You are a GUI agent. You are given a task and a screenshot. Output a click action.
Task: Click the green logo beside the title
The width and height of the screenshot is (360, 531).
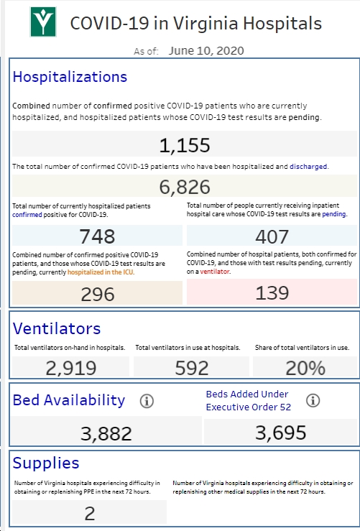43,22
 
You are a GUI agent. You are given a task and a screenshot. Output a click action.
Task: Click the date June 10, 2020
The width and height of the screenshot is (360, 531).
206,51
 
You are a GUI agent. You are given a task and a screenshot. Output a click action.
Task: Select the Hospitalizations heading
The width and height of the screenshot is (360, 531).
70,77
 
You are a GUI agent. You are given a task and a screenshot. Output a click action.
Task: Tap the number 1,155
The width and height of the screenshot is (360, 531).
185,145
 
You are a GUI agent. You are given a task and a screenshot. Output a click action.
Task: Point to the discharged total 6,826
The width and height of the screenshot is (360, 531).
185,187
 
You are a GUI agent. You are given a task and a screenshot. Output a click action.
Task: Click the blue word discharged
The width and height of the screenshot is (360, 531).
308,166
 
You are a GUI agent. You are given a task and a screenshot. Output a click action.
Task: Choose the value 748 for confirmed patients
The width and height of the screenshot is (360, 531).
97,236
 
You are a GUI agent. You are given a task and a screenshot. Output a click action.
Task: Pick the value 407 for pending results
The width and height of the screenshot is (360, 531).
272,236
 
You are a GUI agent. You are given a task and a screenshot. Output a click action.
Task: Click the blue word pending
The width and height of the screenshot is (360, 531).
334,214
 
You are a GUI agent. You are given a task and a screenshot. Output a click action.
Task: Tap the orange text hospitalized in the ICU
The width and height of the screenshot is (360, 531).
101,272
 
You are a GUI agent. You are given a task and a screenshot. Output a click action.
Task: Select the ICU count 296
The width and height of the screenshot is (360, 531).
98,295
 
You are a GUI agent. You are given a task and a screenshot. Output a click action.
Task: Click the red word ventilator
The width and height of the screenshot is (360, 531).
215,272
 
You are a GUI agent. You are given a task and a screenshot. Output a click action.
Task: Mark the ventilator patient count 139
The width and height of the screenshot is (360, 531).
272,293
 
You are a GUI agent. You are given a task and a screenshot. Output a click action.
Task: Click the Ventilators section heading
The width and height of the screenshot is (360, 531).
57,328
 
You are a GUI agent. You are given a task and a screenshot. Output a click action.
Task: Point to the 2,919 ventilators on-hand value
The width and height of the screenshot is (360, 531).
71,368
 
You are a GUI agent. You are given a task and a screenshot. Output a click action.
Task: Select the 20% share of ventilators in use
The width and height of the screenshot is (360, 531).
305,368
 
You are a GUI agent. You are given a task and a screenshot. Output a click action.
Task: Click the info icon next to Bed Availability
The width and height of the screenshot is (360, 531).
147,401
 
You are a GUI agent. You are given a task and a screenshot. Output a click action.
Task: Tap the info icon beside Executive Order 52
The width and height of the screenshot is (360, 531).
313,400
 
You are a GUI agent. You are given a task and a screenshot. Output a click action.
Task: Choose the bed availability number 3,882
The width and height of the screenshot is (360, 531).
106,434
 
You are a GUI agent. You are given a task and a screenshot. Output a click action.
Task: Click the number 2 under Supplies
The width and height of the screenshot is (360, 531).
90,514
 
